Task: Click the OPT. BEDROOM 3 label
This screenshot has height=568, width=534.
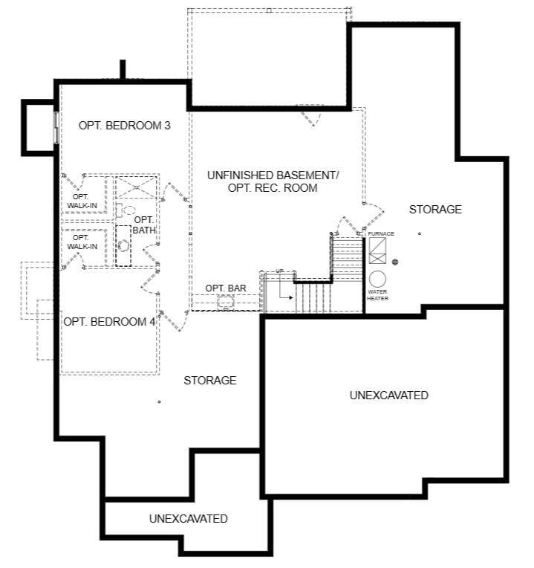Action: point(125,126)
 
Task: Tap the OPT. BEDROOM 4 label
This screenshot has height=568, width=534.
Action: point(109,322)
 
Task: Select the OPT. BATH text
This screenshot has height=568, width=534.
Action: point(144,225)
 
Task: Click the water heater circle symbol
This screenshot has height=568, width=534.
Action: point(377,279)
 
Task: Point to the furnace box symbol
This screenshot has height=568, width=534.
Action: point(377,251)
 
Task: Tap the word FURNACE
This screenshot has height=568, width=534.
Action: point(381,234)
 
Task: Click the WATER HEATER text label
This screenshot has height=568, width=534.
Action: point(377,294)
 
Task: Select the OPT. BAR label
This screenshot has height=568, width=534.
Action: point(225,288)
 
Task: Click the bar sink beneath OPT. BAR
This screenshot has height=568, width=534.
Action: point(226,301)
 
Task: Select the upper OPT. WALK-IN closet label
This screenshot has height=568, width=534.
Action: point(82,201)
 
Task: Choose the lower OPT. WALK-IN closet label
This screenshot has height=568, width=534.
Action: point(82,242)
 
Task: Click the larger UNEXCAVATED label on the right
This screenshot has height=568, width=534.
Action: point(388,396)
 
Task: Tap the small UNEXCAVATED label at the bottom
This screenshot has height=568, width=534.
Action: point(188,518)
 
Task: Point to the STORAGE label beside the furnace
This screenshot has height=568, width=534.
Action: point(435,210)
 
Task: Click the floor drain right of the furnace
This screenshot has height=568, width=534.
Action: point(395,262)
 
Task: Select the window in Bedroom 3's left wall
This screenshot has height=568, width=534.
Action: point(56,128)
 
